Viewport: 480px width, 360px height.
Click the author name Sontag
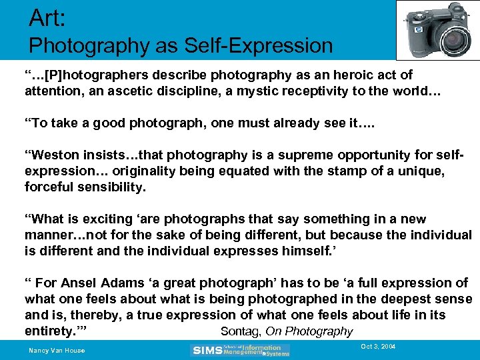(240, 331)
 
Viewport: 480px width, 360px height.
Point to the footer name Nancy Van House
(57, 351)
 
